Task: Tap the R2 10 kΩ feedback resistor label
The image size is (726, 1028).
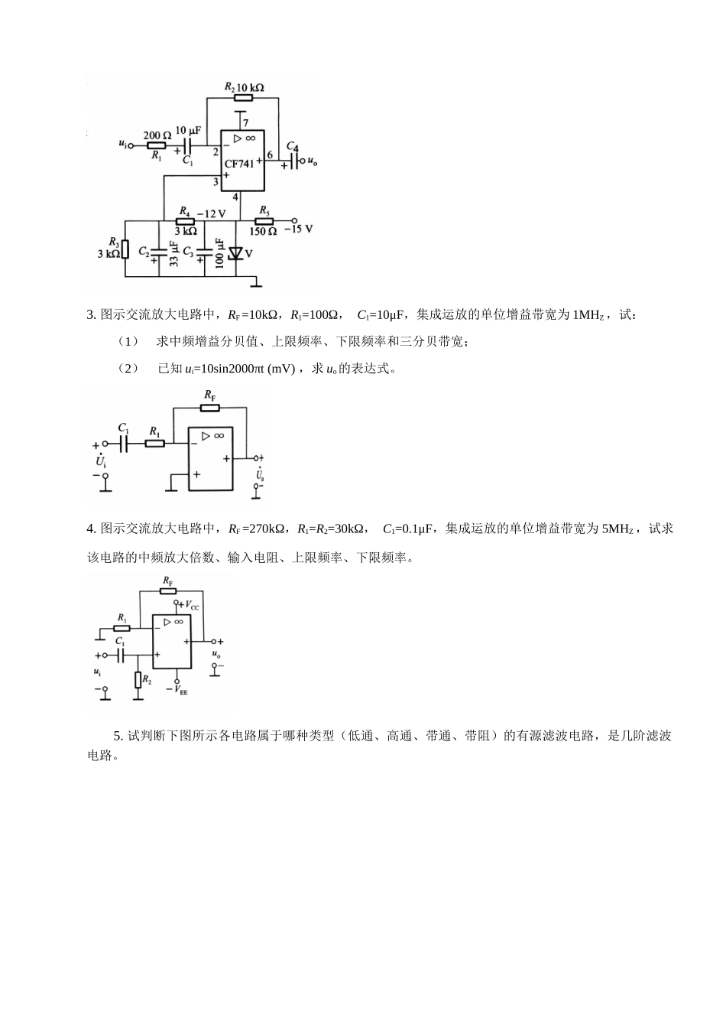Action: pyautogui.click(x=244, y=88)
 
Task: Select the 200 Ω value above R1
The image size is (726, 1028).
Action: pyautogui.click(x=157, y=135)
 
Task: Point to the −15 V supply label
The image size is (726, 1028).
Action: pyautogui.click(x=299, y=229)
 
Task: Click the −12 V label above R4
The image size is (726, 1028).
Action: pyautogui.click(x=211, y=213)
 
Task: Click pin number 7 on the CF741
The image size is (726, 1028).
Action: pyautogui.click(x=245, y=123)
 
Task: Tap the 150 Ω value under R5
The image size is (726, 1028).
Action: pyautogui.click(x=264, y=231)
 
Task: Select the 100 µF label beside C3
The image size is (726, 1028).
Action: pyautogui.click(x=220, y=252)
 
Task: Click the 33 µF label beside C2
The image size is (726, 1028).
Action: pyautogui.click(x=173, y=253)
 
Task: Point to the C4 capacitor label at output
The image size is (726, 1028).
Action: pyautogui.click(x=292, y=146)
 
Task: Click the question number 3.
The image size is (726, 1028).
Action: pyautogui.click(x=91, y=314)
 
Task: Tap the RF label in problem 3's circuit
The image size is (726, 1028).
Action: pyautogui.click(x=210, y=395)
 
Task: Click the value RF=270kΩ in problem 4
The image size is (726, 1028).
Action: pyautogui.click(x=257, y=529)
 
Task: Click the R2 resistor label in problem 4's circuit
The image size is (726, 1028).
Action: pyautogui.click(x=147, y=678)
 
